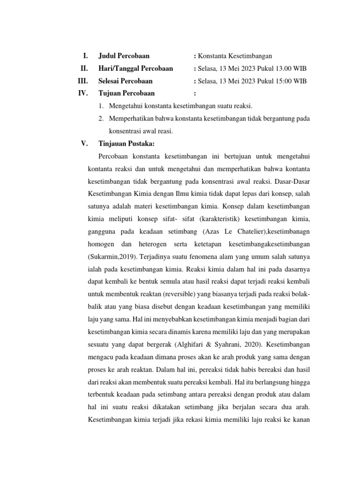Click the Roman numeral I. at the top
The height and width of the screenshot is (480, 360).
coord(85,56)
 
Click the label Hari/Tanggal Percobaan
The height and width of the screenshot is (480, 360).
coord(135,68)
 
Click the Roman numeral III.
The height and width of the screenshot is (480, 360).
coord(83,81)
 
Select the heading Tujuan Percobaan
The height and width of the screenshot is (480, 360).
coord(126,93)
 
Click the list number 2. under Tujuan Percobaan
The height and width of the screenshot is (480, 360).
coord(101,119)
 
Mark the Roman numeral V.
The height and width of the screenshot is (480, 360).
coord(84,143)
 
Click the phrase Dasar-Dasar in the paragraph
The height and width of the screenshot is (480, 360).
coord(292,180)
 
